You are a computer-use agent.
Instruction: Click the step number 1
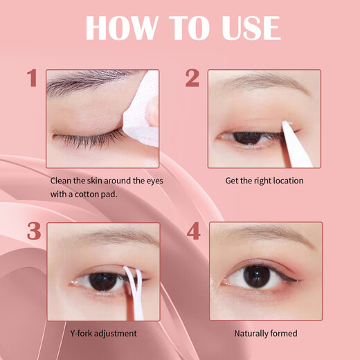click(x=32, y=78)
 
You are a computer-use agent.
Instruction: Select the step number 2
click(x=192, y=78)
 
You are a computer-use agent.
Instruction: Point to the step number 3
click(x=33, y=231)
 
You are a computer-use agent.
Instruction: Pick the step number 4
click(x=193, y=231)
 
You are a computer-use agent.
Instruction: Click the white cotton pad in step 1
click(x=141, y=111)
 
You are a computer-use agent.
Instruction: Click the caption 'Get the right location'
click(x=264, y=181)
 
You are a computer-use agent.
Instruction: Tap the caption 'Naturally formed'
click(x=265, y=333)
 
